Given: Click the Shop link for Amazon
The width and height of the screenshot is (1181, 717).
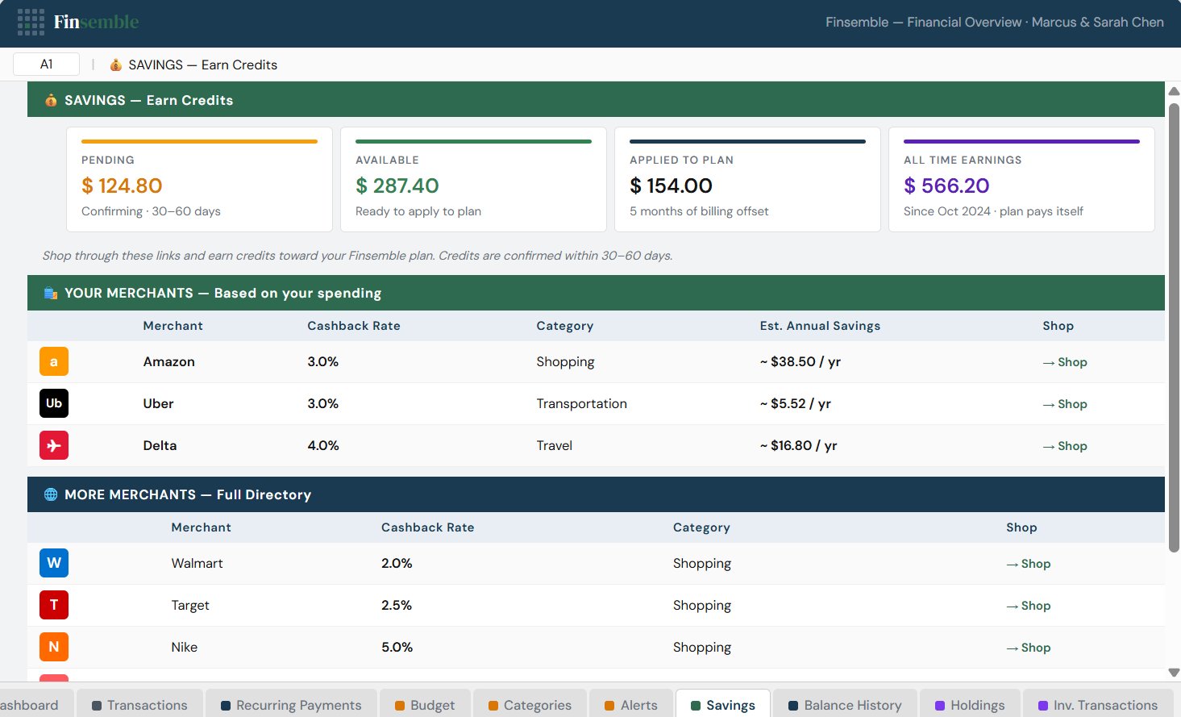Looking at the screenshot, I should click(x=1065, y=362).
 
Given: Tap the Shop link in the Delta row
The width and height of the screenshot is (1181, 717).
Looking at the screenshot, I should click(x=1065, y=446).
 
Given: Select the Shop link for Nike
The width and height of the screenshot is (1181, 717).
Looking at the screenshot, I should click(x=1029, y=648).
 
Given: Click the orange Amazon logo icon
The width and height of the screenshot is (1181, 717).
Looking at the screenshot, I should click(x=54, y=361).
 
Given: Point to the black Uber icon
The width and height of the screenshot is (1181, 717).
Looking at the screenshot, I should click(x=54, y=403).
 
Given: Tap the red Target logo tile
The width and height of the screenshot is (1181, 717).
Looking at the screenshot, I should click(x=54, y=605).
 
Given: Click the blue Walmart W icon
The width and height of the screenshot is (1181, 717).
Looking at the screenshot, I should click(x=54, y=563).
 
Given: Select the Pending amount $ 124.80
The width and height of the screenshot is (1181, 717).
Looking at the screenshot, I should click(x=122, y=186).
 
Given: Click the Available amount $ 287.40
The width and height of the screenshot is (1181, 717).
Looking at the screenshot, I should click(x=397, y=186).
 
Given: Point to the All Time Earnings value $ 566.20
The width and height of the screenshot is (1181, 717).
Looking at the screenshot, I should click(x=946, y=186).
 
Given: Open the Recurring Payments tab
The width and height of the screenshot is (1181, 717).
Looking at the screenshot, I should click(x=291, y=705).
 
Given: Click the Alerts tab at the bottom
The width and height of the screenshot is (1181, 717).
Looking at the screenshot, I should click(x=631, y=705).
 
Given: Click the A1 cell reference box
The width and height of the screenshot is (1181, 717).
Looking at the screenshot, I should click(x=46, y=65).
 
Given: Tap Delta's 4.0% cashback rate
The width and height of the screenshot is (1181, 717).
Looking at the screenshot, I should click(x=323, y=446).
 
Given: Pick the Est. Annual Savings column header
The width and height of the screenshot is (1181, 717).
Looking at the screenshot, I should click(x=820, y=326).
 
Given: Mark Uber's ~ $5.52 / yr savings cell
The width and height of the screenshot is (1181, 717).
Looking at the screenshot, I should click(x=795, y=404).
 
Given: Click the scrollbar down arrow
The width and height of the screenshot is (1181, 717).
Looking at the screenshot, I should click(x=1174, y=672).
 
